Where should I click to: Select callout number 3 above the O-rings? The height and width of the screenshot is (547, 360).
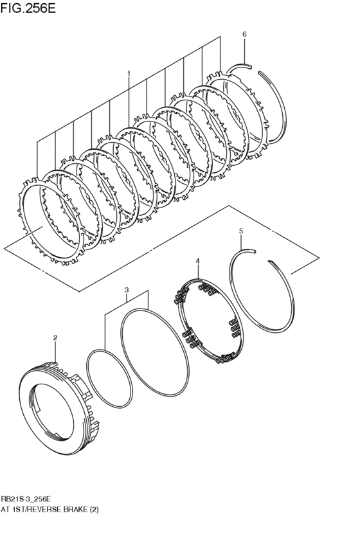coord(127,290)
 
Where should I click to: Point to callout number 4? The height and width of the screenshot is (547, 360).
coord(197,261)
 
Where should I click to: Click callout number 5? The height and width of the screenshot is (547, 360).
coord(240,231)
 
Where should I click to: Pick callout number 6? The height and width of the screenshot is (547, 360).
coord(244,33)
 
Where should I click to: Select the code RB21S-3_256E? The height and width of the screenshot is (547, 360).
coord(26,499)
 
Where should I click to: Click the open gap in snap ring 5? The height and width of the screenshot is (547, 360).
coord(263,256)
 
